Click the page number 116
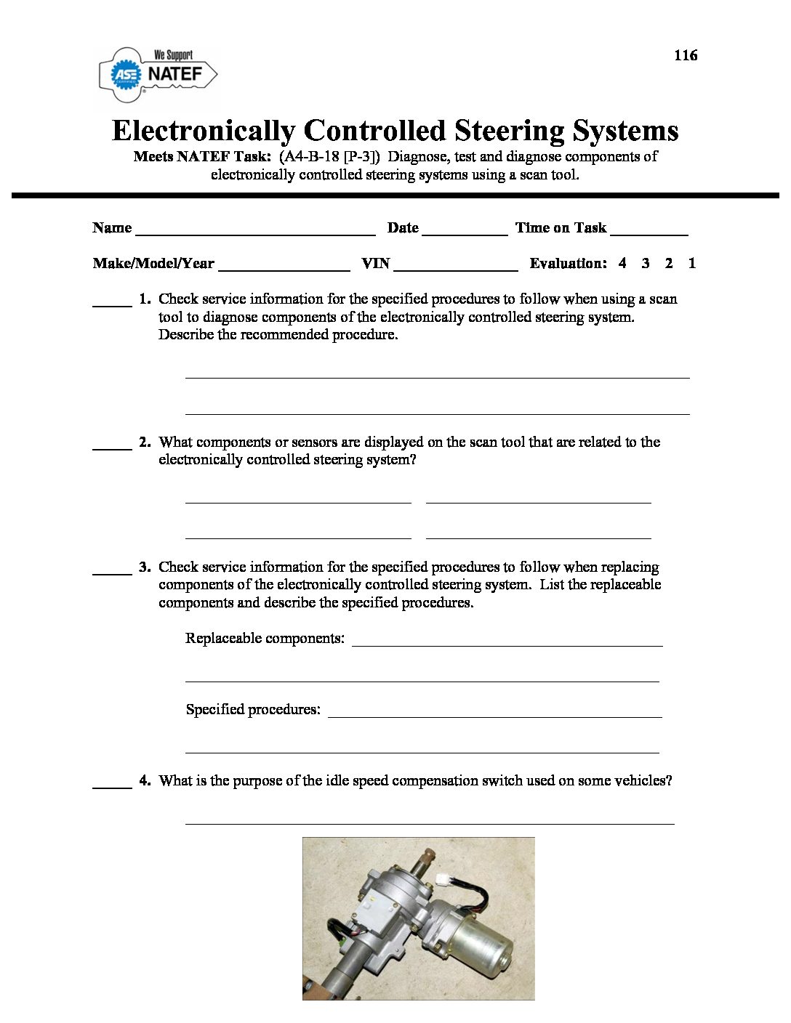point(686,55)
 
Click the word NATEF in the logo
point(174,74)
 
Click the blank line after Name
point(255,234)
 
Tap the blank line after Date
point(465,234)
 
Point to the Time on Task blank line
point(649,234)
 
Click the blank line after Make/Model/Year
point(284,270)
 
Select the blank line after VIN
point(456,270)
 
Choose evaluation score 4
point(622,264)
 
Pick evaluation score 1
point(691,264)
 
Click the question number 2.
point(145,442)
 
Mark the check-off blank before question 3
point(112,574)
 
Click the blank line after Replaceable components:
point(507,644)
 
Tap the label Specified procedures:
point(253,709)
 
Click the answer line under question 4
point(430,822)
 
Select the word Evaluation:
point(568,264)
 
